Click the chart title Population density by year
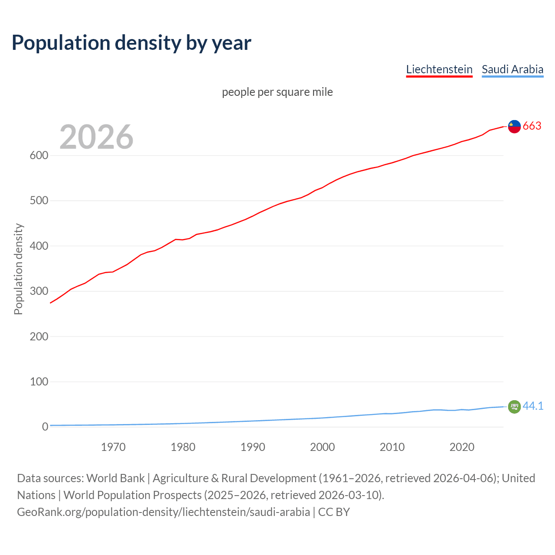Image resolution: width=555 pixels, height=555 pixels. coord(131,43)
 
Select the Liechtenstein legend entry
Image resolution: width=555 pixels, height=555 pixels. coord(439,69)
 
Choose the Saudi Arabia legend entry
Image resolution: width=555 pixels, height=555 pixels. coord(512,69)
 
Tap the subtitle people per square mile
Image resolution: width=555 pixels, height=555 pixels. coord(277,92)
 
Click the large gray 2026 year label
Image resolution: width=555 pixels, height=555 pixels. coord(96,137)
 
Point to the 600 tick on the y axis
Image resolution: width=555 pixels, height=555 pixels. coord(39,155)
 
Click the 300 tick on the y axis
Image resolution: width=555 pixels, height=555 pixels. coord(39,291)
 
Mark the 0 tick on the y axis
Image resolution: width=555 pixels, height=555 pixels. coord(45,427)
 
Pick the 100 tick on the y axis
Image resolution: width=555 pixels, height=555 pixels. coord(39,382)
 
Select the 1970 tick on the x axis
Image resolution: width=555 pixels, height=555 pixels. coord(113,447)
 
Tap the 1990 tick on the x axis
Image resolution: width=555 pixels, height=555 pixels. coord(253,447)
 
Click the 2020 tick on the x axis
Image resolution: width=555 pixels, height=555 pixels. coord(462,447)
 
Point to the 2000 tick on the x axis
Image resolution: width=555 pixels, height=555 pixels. coord(322,447)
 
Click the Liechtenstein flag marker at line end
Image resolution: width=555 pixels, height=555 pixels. coord(514,126)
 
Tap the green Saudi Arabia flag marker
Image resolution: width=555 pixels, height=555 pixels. coord(514,407)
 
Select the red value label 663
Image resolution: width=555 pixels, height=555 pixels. coord(532,126)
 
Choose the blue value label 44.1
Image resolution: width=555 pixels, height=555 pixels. coord(533,406)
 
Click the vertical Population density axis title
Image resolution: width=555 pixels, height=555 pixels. coord(18,269)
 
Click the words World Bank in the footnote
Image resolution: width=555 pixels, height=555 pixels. coord(115,478)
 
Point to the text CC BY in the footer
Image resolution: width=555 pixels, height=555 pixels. coord(334,512)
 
